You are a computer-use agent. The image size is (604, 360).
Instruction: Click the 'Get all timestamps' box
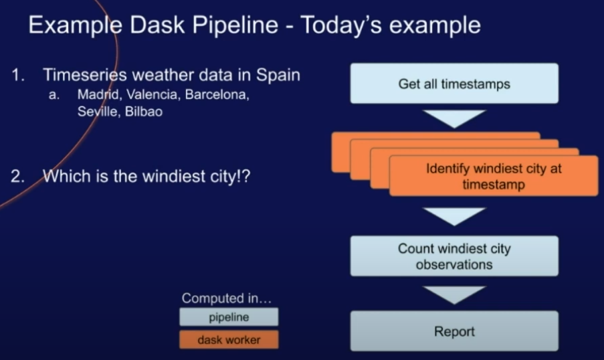[454, 84]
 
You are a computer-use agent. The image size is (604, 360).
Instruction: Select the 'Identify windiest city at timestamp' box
[494, 176]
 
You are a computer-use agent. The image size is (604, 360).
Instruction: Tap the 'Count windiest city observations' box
[454, 256]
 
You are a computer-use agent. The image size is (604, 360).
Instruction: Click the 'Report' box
[454, 331]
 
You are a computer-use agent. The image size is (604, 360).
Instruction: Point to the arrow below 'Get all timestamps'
[454, 118]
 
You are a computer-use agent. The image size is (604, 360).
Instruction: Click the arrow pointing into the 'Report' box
[454, 294]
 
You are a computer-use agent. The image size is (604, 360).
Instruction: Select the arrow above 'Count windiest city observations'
[454, 216]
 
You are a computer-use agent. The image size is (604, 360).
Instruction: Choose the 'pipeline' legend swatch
[228, 317]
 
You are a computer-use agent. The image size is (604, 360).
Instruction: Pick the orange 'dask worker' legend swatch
[228, 339]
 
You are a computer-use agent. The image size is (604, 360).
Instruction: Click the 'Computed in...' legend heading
[227, 298]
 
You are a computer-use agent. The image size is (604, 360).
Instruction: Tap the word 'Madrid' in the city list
[98, 94]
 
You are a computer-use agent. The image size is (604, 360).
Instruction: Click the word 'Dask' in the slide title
[159, 25]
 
